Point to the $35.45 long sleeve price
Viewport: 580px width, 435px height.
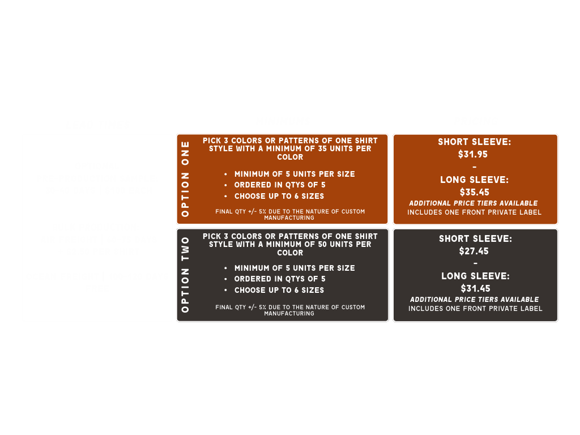click(x=475, y=192)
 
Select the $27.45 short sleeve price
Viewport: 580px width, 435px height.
click(x=474, y=251)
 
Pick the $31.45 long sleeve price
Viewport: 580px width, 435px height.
click(x=475, y=288)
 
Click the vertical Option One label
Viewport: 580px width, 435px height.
click(x=185, y=179)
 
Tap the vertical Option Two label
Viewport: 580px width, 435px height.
click(x=185, y=275)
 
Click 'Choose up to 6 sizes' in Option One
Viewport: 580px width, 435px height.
click(x=279, y=196)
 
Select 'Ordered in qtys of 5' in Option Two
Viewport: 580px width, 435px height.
click(x=280, y=279)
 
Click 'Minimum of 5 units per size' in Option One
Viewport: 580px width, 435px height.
click(x=295, y=174)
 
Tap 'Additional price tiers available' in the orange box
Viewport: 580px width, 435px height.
click(x=474, y=203)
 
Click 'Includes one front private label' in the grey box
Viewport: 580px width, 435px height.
click(x=475, y=309)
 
